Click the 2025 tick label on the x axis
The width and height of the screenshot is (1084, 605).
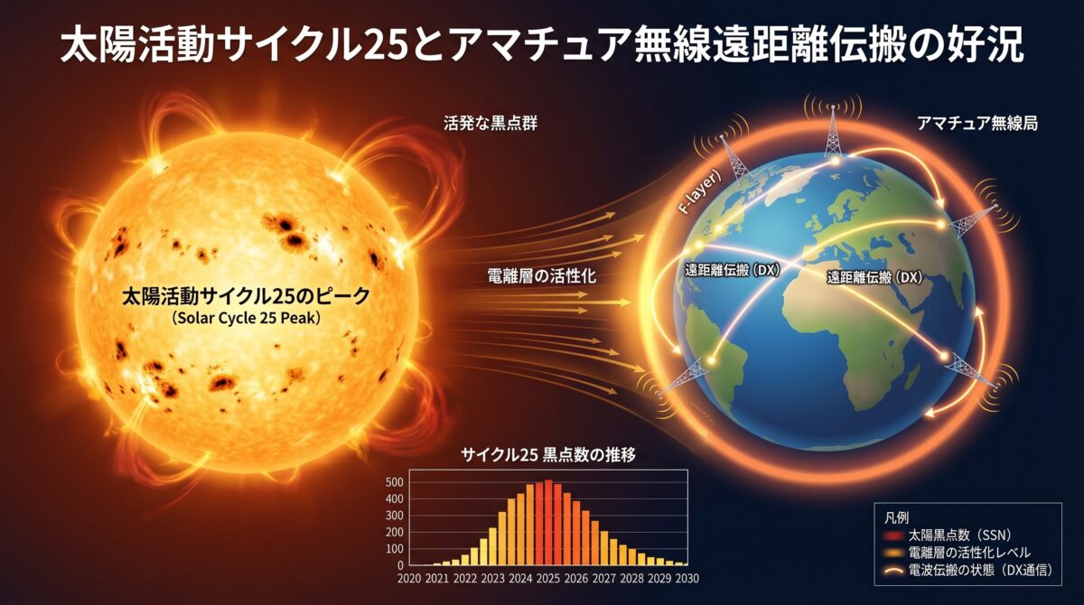click(x=548, y=579)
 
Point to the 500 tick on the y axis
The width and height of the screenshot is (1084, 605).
click(x=394, y=482)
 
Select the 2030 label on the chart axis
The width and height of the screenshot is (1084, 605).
click(x=687, y=579)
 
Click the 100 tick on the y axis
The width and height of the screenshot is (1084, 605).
click(x=394, y=548)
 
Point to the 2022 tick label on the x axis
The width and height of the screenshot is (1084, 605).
click(x=464, y=579)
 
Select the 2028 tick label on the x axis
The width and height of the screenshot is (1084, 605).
click(x=632, y=579)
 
